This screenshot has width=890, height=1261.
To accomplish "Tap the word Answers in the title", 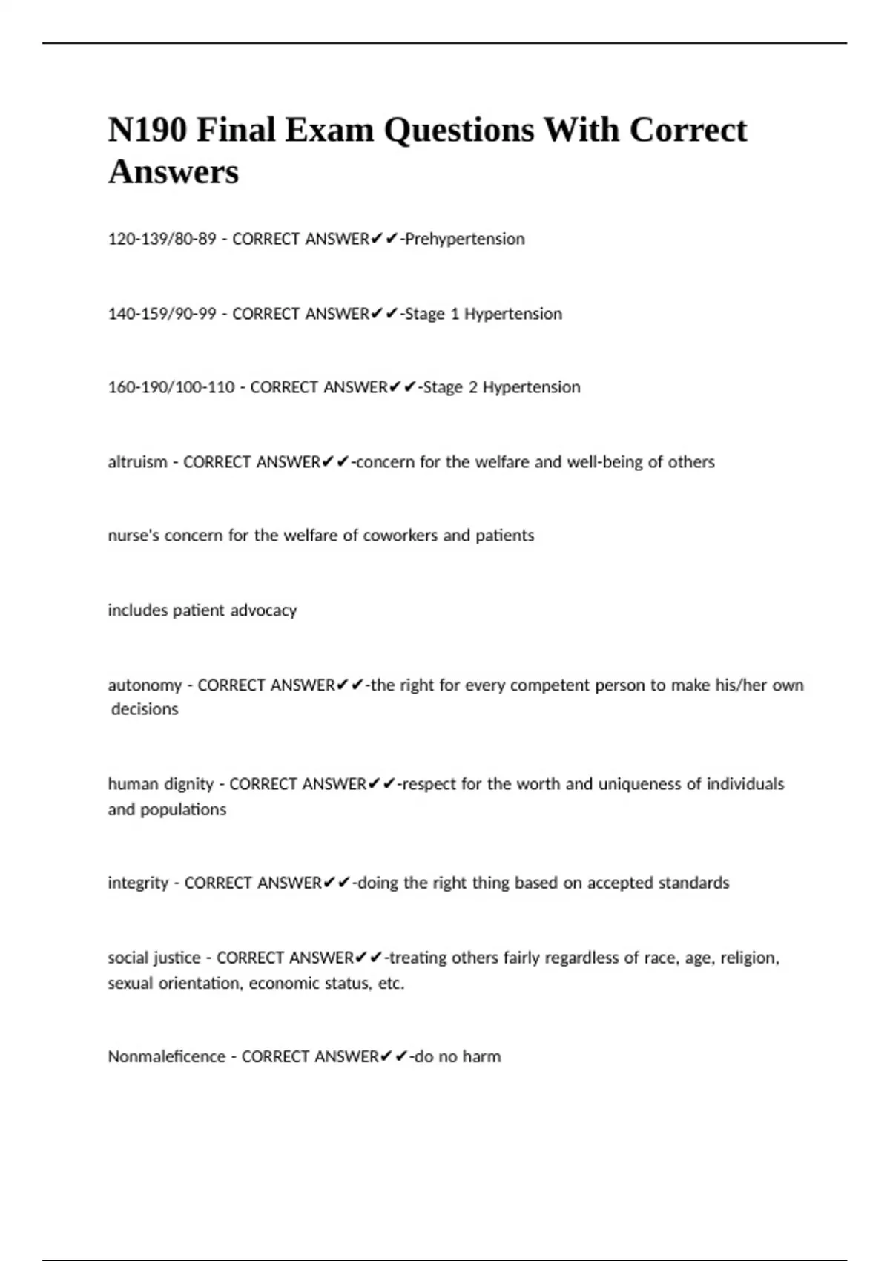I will coord(174,172).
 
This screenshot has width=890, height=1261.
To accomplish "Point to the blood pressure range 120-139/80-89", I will coord(162,239).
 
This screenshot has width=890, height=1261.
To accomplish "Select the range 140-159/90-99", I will coord(162,314).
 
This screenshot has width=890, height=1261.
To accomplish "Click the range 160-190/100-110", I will coord(171,387).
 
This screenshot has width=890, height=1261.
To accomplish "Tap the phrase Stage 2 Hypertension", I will coord(501,387).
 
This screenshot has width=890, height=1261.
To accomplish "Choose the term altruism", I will coord(137,462).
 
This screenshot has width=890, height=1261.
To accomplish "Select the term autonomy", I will coord(145,685).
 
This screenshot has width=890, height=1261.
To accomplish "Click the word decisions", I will coord(145,709).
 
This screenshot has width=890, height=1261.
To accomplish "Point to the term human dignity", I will coord(161,784).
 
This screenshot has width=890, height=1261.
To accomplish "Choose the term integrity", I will coord(138,883).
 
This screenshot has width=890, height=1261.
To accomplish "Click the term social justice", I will coord(154,958).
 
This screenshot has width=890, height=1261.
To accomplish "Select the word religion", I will coord(749,958).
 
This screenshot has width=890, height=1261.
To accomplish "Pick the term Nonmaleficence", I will coord(166,1056).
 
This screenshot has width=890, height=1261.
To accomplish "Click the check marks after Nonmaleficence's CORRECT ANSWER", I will coord(394,1056).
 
